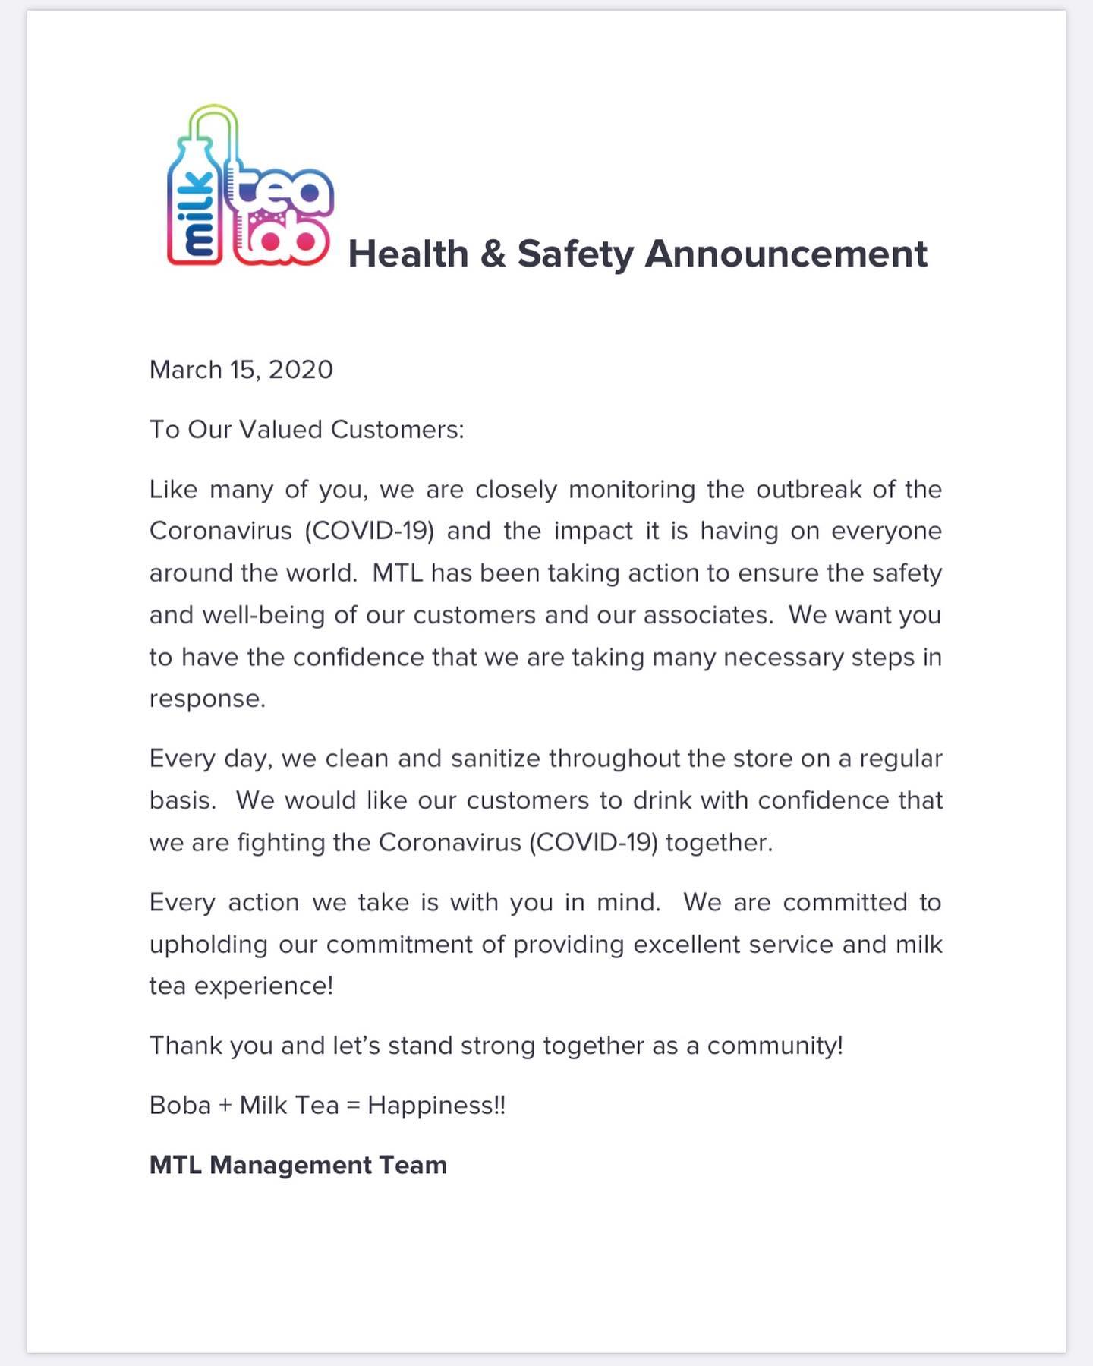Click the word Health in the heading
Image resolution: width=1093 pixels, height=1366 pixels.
(x=408, y=254)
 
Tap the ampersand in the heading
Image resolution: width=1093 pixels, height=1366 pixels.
(x=493, y=254)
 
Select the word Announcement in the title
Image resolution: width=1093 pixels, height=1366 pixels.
(x=786, y=254)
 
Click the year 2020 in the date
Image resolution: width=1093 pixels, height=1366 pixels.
(x=301, y=370)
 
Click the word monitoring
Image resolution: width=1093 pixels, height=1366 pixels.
(x=632, y=491)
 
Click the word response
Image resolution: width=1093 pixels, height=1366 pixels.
(x=206, y=699)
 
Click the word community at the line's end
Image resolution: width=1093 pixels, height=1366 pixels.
(x=773, y=1046)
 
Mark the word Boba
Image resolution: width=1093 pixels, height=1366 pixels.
(x=180, y=1106)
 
